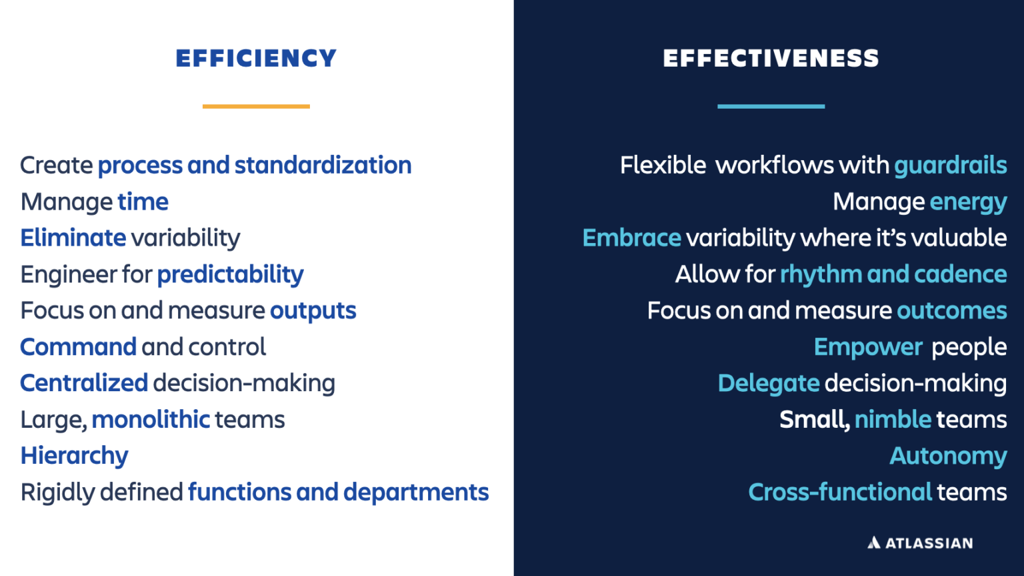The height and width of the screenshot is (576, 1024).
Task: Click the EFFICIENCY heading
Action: [x=256, y=59]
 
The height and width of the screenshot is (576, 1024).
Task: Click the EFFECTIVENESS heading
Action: [x=771, y=59]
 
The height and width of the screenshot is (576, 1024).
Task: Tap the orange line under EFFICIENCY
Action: [x=256, y=106]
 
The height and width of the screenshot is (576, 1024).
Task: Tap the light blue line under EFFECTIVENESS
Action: [x=771, y=106]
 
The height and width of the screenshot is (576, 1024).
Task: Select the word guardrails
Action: [x=950, y=166]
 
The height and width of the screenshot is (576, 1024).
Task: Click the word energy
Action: [x=968, y=202]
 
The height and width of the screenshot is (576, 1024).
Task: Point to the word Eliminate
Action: [x=73, y=238]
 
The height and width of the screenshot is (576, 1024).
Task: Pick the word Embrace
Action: [x=631, y=238]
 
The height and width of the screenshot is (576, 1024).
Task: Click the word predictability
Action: [x=230, y=275]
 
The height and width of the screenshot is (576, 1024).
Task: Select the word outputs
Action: [x=313, y=311]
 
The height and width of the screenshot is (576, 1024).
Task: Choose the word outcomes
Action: [x=951, y=311]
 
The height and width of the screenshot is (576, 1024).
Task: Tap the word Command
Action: [x=79, y=347]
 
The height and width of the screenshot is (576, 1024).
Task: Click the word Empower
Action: [x=868, y=347]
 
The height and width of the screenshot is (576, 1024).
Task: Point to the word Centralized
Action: [x=84, y=383]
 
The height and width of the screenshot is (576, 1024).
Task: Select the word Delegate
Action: [x=768, y=384]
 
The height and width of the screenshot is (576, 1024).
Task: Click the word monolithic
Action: [x=151, y=420]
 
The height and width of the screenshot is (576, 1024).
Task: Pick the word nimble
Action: [x=893, y=420]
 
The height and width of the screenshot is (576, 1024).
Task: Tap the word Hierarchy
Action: [x=74, y=456]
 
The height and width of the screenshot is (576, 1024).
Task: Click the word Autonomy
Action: [x=948, y=456]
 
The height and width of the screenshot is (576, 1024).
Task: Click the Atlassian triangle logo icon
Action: [x=873, y=543]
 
